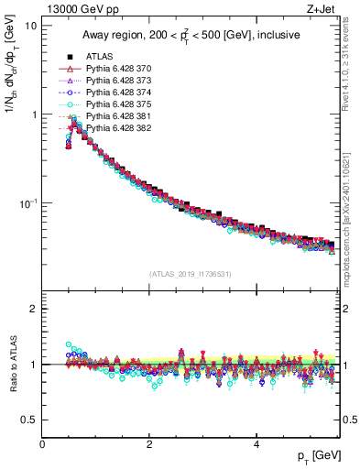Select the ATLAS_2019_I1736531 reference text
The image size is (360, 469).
(191, 274)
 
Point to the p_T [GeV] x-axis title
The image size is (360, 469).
(316, 455)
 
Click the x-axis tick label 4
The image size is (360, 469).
(256, 443)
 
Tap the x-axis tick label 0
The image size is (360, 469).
(43, 443)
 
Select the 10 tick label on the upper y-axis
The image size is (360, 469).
(30, 27)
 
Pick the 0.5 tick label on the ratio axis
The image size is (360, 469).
(28, 420)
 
